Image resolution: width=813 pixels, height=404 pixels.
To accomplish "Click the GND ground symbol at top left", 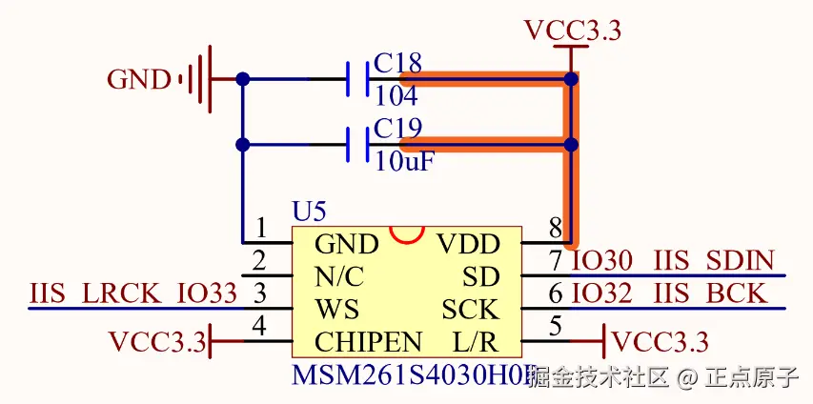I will (x=195, y=79).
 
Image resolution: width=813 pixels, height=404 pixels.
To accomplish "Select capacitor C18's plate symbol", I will (x=357, y=79).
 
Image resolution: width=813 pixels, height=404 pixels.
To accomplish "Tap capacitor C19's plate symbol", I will (x=357, y=145).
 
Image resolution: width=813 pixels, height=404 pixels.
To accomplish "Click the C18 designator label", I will (x=397, y=63).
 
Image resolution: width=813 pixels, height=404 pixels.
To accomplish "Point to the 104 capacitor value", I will (x=396, y=96).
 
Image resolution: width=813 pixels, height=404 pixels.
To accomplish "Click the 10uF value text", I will (x=404, y=161).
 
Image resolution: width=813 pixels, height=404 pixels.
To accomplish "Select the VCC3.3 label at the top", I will (x=572, y=30).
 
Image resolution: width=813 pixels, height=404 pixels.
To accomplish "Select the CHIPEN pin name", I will (x=368, y=341).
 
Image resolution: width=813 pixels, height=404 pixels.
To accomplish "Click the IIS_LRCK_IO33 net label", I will (x=132, y=293).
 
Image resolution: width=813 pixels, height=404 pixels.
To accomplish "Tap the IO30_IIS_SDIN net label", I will (x=672, y=260).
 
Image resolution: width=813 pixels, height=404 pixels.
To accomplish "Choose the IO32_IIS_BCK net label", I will (x=668, y=293).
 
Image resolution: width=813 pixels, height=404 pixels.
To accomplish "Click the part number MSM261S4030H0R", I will (x=410, y=375).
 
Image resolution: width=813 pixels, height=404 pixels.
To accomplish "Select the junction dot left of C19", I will (x=242, y=145).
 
